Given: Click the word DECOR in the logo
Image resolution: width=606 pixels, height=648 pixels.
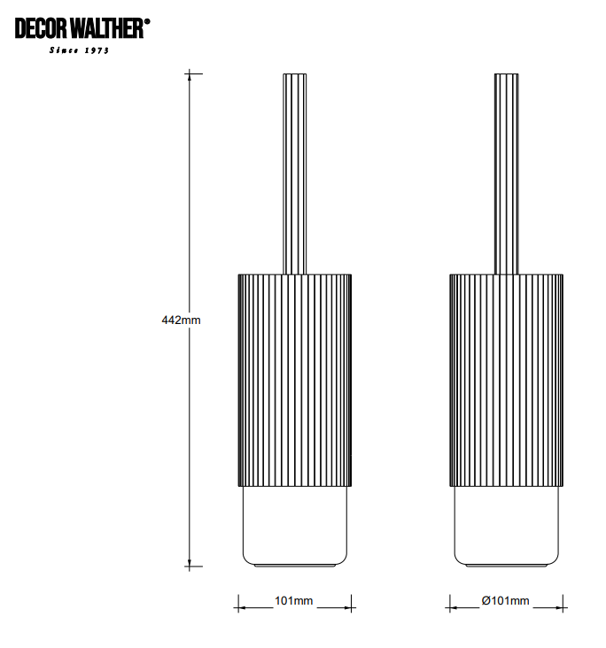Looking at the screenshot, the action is coord(41,28).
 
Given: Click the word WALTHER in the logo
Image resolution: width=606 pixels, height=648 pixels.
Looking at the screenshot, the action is coord(106,28).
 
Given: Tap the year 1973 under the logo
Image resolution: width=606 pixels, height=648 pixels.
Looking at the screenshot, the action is coord(97,50).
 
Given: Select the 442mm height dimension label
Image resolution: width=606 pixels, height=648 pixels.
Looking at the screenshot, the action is coord(181,320).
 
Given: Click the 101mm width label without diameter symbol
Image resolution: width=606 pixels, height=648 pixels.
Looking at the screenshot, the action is coord(293,601).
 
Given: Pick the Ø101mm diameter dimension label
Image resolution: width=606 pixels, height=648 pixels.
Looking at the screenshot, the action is coord(505,601).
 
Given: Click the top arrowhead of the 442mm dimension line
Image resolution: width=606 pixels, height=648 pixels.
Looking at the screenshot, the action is coord(190,78).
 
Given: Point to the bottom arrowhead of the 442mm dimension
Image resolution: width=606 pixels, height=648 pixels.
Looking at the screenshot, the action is coord(190,562).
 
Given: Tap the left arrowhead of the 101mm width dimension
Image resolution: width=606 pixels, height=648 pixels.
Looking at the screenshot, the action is coord(243,607).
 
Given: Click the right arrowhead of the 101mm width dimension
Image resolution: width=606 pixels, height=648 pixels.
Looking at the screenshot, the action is coord(346,607).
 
